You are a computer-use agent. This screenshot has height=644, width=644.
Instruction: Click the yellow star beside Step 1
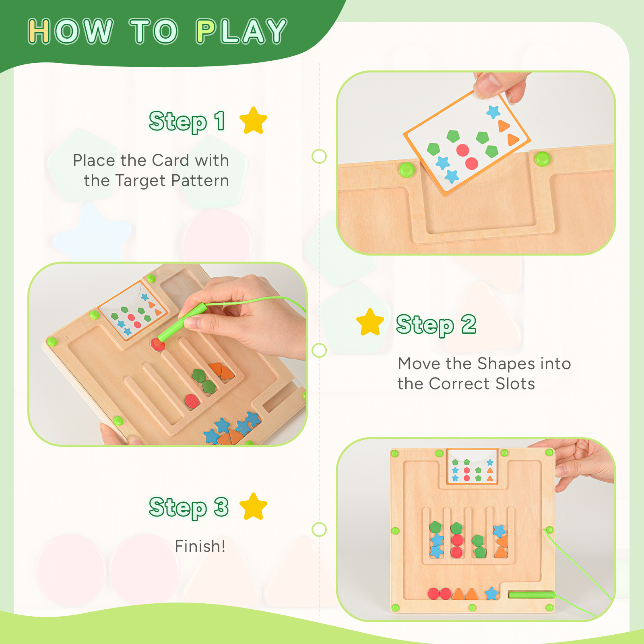coord(253,121)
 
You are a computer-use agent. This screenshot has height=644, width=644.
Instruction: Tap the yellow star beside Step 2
coord(370,323)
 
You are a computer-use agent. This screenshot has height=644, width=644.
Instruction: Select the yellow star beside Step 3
coord(253,507)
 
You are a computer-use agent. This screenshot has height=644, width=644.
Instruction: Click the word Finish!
coord(200,546)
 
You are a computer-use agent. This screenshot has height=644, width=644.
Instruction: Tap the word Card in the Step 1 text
coord(171,160)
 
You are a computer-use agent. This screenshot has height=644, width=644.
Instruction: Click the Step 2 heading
coord(436,324)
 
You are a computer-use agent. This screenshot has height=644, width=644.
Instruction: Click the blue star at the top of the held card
coord(493,111)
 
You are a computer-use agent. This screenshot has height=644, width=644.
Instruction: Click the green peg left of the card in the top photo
coord(406,169)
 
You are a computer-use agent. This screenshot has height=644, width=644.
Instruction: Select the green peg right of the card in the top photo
coord(542,159)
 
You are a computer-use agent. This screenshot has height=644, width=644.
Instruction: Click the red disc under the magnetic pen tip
coord(157,345)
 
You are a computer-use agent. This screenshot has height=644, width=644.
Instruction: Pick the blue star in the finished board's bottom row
coord(491,593)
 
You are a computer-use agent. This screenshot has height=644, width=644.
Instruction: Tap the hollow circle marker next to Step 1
coord(319,156)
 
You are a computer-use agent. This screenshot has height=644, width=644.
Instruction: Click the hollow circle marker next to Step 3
coord(319,529)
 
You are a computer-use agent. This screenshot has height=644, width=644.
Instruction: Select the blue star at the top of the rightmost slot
coord(499,530)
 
